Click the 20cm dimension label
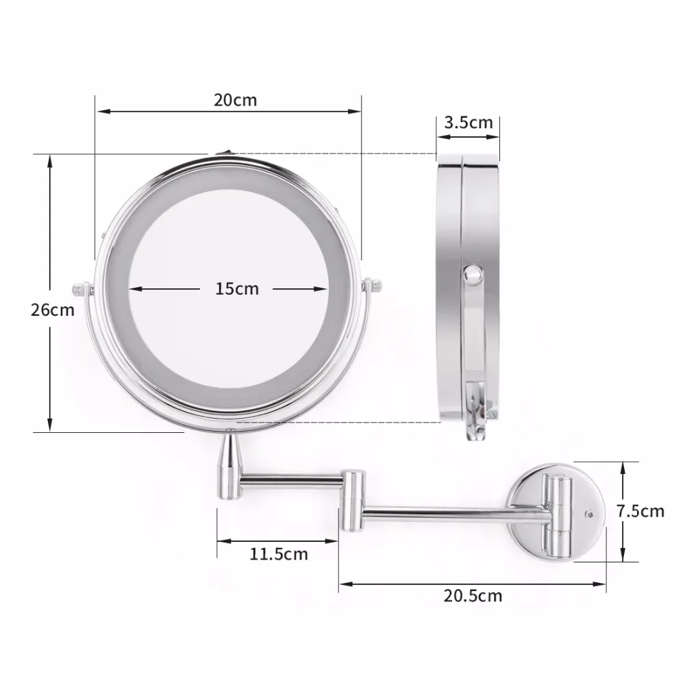pyautogui.click(x=236, y=100)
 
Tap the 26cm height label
pyautogui.click(x=53, y=310)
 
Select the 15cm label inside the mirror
pyautogui.click(x=237, y=289)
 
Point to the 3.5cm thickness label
pyautogui.click(x=469, y=123)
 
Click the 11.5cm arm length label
pyautogui.click(x=279, y=554)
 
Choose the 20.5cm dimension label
pyautogui.click(x=473, y=596)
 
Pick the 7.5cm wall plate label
pyautogui.click(x=640, y=511)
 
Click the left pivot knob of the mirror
pyautogui.click(x=82, y=289)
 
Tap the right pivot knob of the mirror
pyautogui.click(x=373, y=285)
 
